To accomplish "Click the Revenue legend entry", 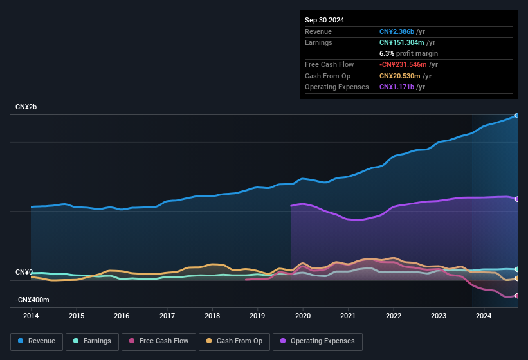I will [37, 341].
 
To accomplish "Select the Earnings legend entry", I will [91, 341].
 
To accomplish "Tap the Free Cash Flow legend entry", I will [158, 341].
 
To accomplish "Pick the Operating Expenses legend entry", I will [318, 341].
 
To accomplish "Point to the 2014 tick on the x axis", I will [31, 316].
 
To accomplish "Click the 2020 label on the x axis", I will [302, 316].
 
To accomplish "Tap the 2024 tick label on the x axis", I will [484, 316].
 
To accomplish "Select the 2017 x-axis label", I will [167, 316].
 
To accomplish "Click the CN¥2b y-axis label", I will [26, 107].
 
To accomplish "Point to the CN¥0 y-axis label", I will [24, 273].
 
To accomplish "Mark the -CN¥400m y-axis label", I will [32, 300].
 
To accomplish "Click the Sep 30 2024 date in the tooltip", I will [324, 20].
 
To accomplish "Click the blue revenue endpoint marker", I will [517, 115].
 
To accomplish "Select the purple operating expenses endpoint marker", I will [517, 199].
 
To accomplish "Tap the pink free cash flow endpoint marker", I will [517, 296].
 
